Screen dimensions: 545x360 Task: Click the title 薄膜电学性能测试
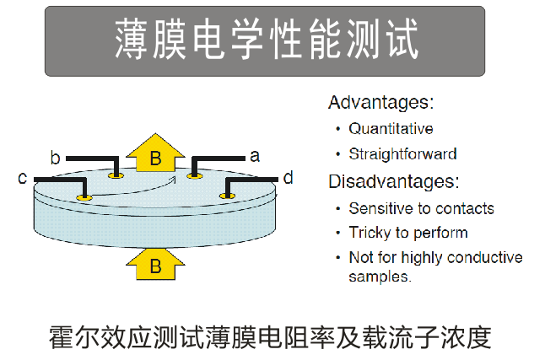click(267, 39)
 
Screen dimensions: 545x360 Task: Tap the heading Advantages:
click(381, 103)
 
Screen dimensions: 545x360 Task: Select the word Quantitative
click(391, 129)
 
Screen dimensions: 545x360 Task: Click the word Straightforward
click(402, 154)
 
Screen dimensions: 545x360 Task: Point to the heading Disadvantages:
click(394, 181)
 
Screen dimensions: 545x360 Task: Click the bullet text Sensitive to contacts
click(421, 208)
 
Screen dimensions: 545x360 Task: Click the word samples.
click(380, 277)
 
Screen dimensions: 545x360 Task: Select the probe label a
click(255, 156)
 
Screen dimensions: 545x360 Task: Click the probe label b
click(55, 158)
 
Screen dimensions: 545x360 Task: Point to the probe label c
click(22, 178)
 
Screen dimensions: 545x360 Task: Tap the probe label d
click(289, 177)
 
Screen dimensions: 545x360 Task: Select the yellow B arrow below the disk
click(155, 264)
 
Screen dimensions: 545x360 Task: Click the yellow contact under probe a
click(195, 176)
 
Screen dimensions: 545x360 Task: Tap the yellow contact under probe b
click(116, 176)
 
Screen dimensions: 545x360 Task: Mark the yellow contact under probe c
click(84, 198)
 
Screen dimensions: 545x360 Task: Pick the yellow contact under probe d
click(228, 196)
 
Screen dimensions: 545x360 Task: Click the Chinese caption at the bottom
click(270, 337)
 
